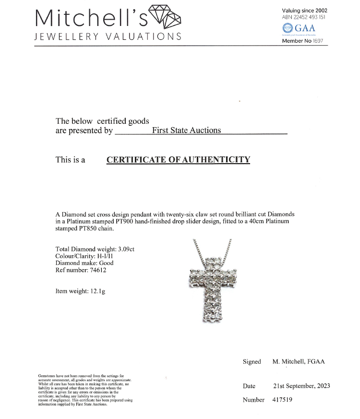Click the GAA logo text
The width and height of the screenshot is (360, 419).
(305, 27)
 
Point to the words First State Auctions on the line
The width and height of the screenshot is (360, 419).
(186, 130)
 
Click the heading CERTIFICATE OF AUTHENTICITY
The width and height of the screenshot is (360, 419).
(178, 160)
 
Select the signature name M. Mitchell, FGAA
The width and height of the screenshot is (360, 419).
(299, 361)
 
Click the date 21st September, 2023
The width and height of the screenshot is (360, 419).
(301, 386)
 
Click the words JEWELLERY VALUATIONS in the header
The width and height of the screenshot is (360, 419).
(108, 37)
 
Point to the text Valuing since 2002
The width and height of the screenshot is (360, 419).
(305, 11)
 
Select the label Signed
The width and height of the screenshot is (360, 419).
(252, 361)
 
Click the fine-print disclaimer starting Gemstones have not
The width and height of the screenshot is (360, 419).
(85, 390)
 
